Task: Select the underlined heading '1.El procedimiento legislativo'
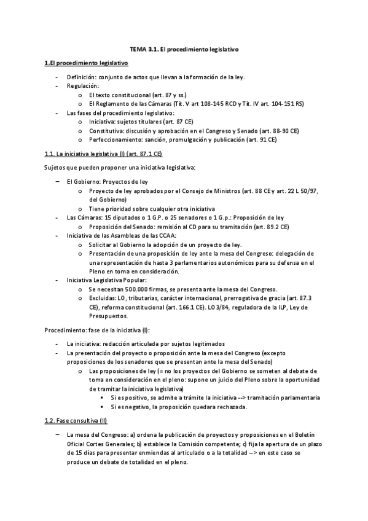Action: [85, 63]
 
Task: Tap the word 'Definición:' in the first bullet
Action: [81, 78]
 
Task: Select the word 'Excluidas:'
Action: [102, 297]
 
